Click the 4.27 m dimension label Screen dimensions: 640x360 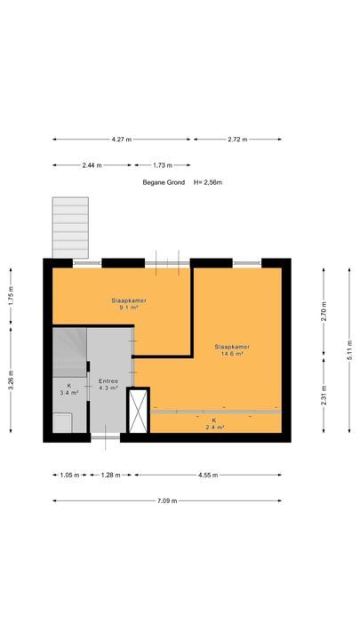(121, 140)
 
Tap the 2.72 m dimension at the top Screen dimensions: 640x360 (237, 140)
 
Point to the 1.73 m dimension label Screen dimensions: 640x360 (163, 165)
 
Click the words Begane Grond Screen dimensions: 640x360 (159, 183)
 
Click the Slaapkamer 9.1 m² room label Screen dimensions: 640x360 (128, 304)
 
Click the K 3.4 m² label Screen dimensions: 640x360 (68, 388)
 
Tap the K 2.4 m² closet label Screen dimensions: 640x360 (213, 424)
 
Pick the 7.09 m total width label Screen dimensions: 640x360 (166, 500)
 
